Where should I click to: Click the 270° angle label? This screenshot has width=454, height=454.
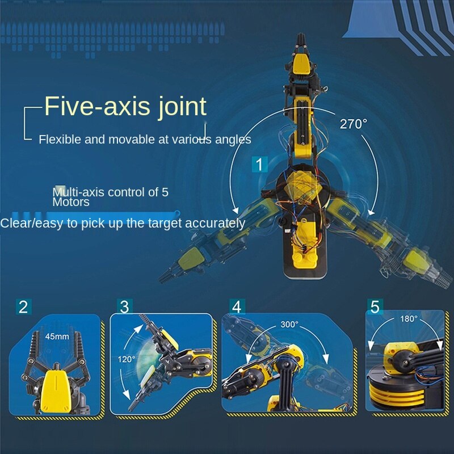(x=354, y=124)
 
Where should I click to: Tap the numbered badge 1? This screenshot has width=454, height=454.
(x=259, y=165)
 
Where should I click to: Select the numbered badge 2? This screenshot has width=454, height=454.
(x=23, y=306)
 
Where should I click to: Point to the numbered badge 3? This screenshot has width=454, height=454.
(x=125, y=306)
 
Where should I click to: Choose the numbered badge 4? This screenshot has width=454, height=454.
(x=237, y=306)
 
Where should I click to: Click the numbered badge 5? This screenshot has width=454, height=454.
(x=375, y=306)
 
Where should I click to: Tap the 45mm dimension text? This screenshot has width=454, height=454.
(x=57, y=337)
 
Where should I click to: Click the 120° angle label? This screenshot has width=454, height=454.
(x=126, y=359)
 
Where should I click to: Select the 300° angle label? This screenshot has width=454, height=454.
(x=289, y=324)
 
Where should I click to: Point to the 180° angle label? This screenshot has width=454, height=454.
(x=409, y=319)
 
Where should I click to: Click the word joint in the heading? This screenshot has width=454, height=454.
(x=182, y=107)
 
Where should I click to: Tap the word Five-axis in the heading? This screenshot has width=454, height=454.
(x=97, y=106)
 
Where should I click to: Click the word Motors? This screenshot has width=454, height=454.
(x=71, y=202)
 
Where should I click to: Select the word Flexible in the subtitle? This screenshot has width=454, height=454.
(x=60, y=140)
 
